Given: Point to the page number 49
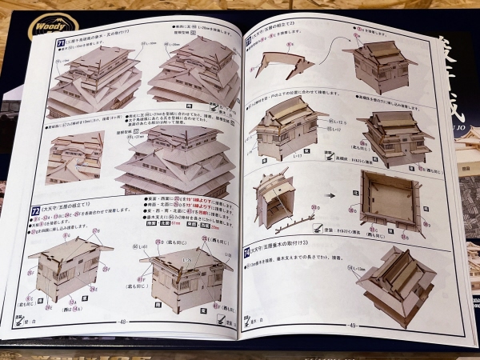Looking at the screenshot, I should click(351, 324).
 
